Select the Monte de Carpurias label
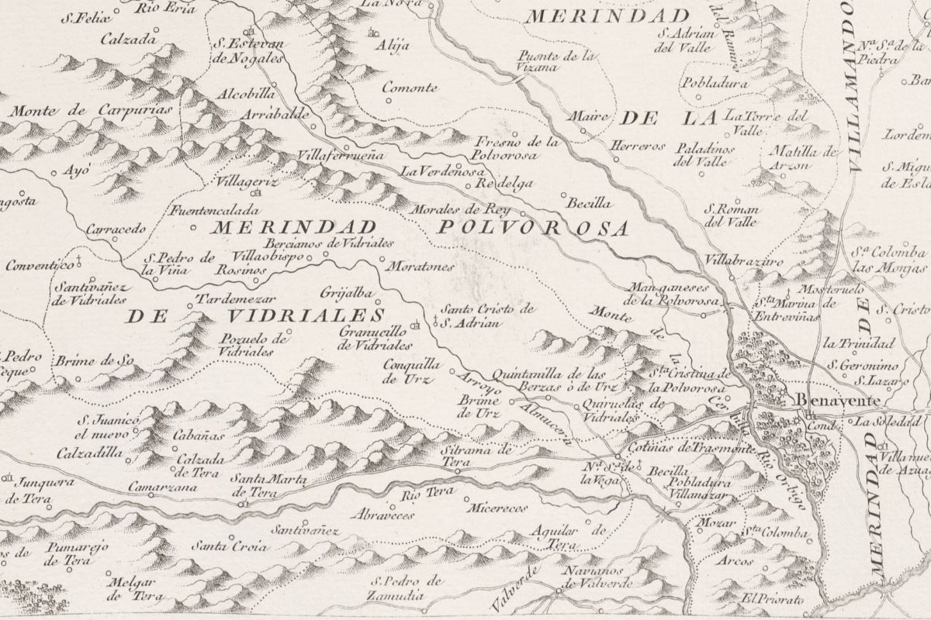click(x=91, y=110)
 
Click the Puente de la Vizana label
click(x=559, y=61)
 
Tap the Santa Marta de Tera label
click(x=271, y=485)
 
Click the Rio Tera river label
click(x=425, y=494)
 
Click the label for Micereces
click(x=498, y=508)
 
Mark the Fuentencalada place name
click(x=205, y=209)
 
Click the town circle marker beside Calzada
click(x=155, y=31)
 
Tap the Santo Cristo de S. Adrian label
click(x=485, y=315)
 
